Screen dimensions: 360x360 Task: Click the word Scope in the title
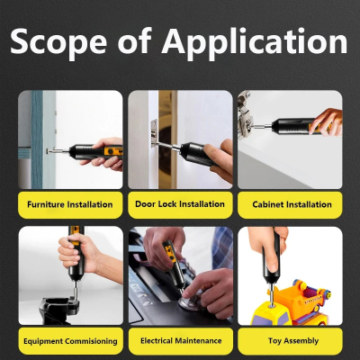[58, 41]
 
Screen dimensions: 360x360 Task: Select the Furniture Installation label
[70, 204]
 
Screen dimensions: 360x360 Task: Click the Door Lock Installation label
[180, 204]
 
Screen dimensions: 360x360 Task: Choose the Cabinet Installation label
[292, 204]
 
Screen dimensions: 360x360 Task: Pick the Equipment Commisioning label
[70, 341]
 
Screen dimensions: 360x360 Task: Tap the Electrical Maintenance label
[181, 340]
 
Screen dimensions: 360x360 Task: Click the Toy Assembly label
[293, 341]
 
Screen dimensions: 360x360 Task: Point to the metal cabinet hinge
[245, 115]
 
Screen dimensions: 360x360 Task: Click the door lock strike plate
[154, 132]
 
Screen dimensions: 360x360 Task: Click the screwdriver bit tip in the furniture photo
[48, 151]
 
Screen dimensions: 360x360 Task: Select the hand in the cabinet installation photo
[327, 122]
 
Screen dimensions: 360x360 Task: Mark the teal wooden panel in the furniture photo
[37, 139]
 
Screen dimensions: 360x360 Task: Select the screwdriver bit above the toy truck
[272, 294]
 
